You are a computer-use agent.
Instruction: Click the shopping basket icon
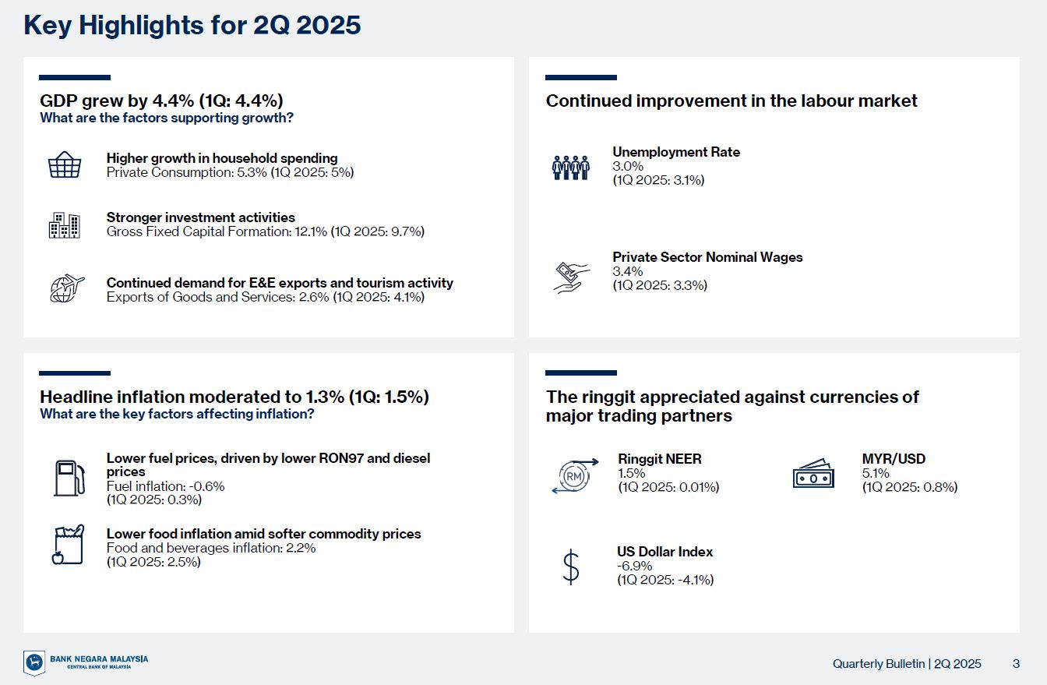pos(65,164)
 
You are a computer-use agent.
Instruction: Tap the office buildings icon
pos(65,225)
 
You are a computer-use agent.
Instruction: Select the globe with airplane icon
pos(67,288)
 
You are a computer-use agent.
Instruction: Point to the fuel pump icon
pos(69,478)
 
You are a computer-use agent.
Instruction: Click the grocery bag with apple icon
pos(68,545)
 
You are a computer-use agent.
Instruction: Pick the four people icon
pos(570,168)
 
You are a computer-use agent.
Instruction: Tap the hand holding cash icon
pos(571,277)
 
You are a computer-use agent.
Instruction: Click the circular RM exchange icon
pos(574,476)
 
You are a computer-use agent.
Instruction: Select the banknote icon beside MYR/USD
pos(813,473)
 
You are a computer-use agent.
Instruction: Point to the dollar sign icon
pos(571,567)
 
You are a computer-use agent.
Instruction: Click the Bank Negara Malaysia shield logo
pos(34,662)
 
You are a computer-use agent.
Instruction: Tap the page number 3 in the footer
pos(1016,663)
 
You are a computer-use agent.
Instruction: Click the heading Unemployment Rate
pos(676,152)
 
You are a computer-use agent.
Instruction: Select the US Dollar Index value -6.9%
pos(634,566)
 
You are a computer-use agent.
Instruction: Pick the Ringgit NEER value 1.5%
pos(632,473)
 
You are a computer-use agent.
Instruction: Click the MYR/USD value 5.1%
pos(876,473)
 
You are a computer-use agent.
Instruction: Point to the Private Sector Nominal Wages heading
pos(707,257)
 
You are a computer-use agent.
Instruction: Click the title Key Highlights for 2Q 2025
pos(192,25)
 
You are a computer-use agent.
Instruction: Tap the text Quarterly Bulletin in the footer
pos(879,664)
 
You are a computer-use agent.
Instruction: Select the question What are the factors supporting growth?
pos(167,118)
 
